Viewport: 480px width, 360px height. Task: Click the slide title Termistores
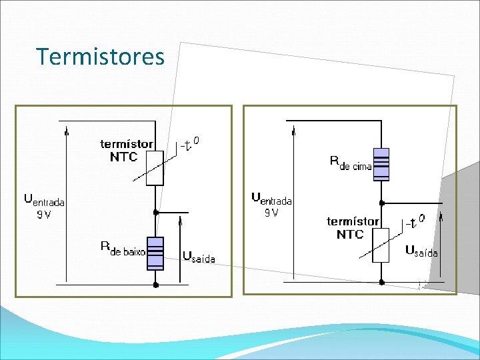pyautogui.click(x=100, y=57)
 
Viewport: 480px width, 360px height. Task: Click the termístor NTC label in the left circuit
pyautogui.click(x=126, y=151)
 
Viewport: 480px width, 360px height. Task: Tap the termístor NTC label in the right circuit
pyautogui.click(x=352, y=227)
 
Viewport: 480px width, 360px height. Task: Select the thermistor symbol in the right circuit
pyautogui.click(x=381, y=245)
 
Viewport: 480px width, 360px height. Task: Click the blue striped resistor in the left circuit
pyautogui.click(x=155, y=253)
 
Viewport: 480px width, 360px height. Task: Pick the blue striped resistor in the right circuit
pyautogui.click(x=381, y=164)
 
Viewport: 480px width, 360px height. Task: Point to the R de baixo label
pyautogui.click(x=123, y=248)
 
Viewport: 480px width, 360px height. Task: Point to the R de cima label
pyautogui.click(x=351, y=163)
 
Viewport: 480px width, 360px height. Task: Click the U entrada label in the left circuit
pyautogui.click(x=44, y=199)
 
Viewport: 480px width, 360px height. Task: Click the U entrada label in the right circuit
pyautogui.click(x=271, y=198)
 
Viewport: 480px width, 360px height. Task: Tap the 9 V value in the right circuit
pyautogui.click(x=271, y=213)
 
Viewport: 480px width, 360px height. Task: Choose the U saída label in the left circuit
pyautogui.click(x=199, y=257)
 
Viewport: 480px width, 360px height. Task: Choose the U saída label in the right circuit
pyautogui.click(x=421, y=251)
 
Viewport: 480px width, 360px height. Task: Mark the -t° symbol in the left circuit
pyautogui.click(x=189, y=145)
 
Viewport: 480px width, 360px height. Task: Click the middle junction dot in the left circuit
pyautogui.click(x=155, y=212)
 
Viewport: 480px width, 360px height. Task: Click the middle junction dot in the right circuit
pyautogui.click(x=381, y=201)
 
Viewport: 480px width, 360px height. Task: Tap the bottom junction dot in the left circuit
pyautogui.click(x=155, y=284)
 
